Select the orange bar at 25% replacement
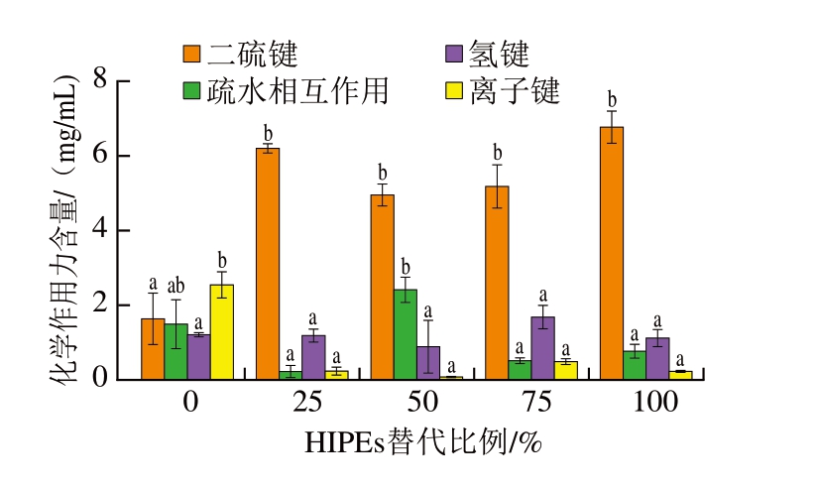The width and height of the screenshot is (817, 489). coord(268,263)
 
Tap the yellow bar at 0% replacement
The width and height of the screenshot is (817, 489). coord(221,331)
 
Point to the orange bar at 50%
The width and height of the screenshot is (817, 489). coord(382,287)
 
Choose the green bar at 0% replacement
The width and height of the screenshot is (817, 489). coord(175,351)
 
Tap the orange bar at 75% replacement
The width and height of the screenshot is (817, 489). coord(497,283)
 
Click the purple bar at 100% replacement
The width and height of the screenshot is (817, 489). coord(657,358)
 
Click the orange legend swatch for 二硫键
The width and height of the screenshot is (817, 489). coord(190,53)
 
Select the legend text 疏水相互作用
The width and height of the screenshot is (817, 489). coord(297,91)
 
